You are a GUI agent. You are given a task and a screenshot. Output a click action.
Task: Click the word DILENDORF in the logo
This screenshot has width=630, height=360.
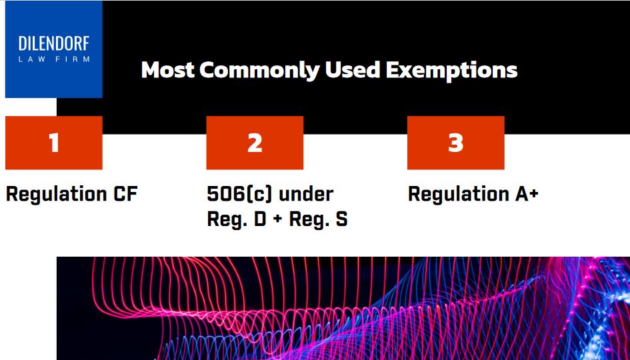click(54, 44)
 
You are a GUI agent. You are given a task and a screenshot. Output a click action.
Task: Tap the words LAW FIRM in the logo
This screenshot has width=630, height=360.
click(54, 59)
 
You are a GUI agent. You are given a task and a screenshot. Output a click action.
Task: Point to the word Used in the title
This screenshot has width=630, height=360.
click(353, 70)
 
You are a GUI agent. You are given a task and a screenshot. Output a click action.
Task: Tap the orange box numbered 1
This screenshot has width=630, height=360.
click(54, 143)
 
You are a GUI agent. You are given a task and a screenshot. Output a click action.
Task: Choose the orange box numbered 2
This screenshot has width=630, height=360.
click(255, 143)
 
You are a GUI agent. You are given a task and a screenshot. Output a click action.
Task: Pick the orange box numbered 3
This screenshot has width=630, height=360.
click(455, 143)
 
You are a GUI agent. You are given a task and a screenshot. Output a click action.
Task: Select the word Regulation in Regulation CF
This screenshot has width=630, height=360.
click(55, 195)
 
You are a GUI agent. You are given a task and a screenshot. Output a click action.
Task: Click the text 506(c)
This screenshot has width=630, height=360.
click(239, 195)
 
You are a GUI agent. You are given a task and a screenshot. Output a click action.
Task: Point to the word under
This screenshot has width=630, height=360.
click(306, 195)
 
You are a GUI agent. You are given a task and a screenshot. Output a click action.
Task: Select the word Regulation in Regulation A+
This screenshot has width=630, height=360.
click(457, 195)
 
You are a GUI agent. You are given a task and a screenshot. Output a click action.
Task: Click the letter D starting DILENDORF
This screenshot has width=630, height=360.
click(23, 44)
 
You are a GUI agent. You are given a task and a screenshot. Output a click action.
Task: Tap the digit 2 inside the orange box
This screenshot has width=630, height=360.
click(255, 143)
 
